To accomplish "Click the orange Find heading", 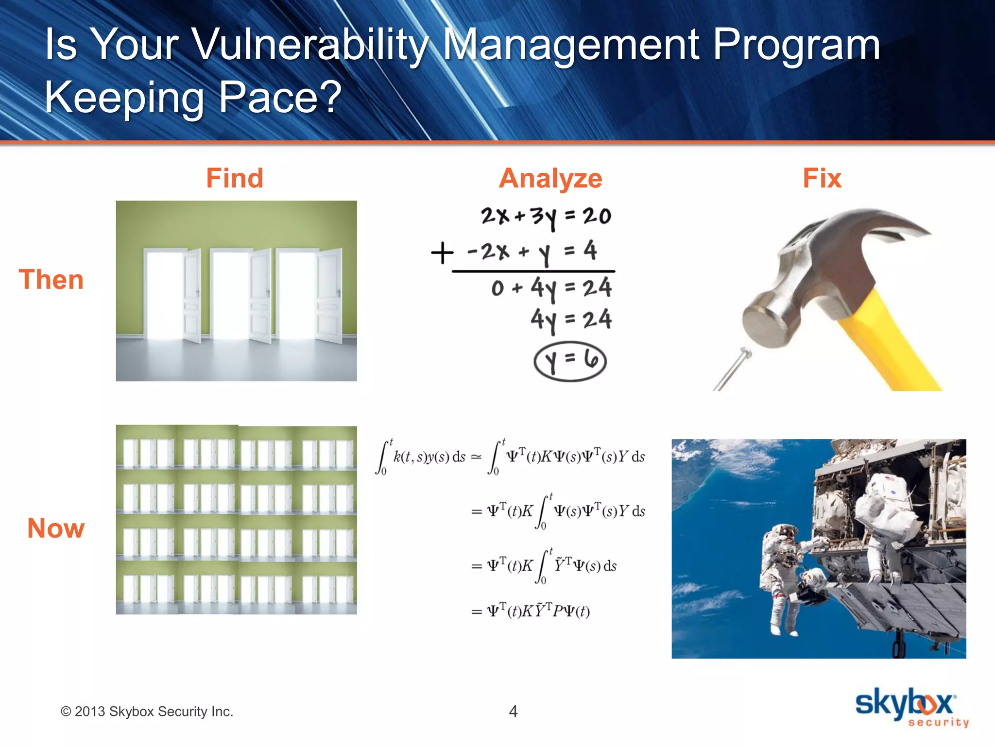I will point(235,178).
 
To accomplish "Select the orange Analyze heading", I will point(550,178).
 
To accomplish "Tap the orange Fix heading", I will point(822,178).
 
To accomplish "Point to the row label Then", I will point(51,280).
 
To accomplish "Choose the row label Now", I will point(56,528).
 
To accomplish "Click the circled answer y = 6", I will point(570,361).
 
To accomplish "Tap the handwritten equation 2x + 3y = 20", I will point(546,217).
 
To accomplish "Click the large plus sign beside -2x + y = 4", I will point(442,253).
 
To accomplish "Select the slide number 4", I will point(513,711).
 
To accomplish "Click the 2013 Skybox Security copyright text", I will point(147,712).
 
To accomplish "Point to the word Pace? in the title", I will point(280,97).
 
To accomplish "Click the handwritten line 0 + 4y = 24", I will point(551,288).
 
